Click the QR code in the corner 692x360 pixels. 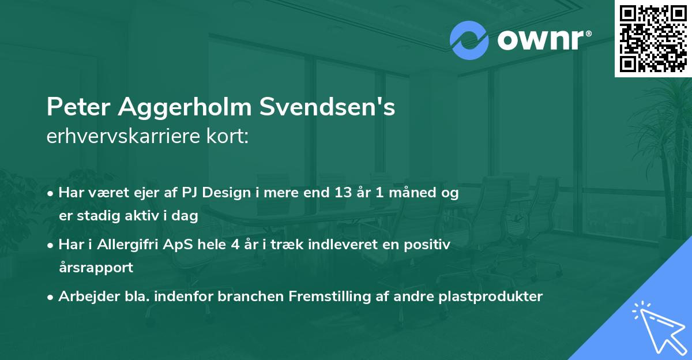click(x=653, y=39)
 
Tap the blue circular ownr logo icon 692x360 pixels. click(x=469, y=40)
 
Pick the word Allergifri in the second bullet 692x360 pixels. click(x=122, y=245)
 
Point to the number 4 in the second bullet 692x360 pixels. click(x=235, y=245)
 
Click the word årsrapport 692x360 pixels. click(x=96, y=268)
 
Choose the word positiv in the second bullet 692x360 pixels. click(x=428, y=245)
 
